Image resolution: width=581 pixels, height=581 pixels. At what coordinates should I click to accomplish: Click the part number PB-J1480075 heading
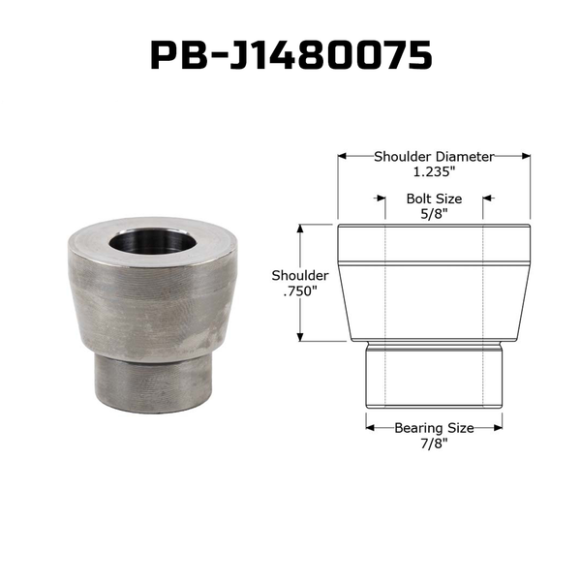click(x=291, y=55)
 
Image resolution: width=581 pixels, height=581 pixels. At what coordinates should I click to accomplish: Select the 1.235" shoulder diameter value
click(x=434, y=171)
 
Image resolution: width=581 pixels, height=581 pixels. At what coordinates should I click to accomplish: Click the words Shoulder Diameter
click(x=434, y=157)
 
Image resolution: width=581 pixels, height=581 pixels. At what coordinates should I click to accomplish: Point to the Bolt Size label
click(x=434, y=199)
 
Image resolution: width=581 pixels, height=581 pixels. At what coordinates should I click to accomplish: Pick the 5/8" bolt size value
click(x=434, y=214)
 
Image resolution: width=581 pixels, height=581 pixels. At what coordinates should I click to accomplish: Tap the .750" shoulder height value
click(x=300, y=291)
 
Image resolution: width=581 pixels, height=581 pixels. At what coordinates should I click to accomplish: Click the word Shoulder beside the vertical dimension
click(x=300, y=276)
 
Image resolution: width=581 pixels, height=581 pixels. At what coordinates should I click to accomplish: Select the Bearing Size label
click(x=434, y=428)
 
